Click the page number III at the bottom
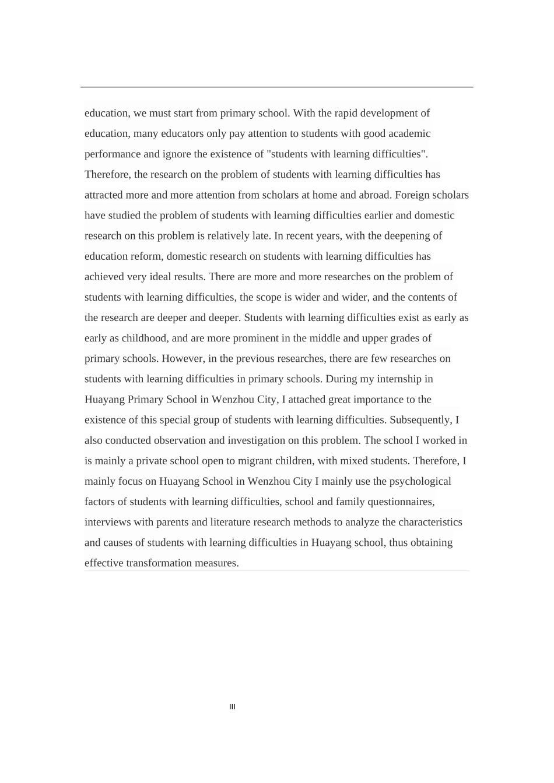tap(232, 707)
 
